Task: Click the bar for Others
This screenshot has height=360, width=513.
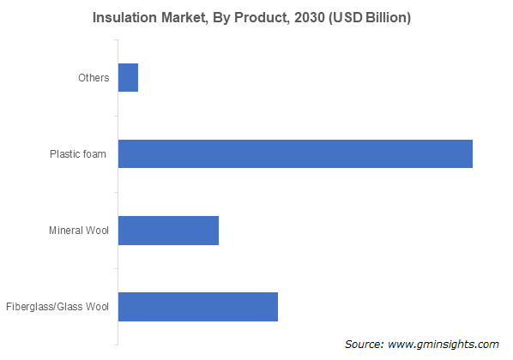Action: (129, 77)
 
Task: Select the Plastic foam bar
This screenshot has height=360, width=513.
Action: (295, 153)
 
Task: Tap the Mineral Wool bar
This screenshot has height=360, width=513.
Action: (168, 231)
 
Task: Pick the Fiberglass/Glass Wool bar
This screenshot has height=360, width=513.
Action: (198, 307)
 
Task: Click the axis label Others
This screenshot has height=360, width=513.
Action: (94, 78)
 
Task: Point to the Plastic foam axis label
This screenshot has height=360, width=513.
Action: (78, 154)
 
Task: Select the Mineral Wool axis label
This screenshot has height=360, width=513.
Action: (79, 231)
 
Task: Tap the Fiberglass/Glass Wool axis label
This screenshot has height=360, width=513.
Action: (57, 307)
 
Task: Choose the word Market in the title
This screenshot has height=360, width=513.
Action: (184, 18)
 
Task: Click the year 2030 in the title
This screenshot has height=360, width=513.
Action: (310, 18)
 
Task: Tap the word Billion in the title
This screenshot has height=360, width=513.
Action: (388, 18)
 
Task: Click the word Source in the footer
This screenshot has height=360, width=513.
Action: (364, 344)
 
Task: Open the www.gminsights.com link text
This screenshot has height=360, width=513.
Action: (444, 345)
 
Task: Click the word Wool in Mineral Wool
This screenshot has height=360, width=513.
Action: (97, 231)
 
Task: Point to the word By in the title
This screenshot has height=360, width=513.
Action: (221, 18)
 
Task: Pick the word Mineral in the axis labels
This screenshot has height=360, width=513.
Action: (65, 231)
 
